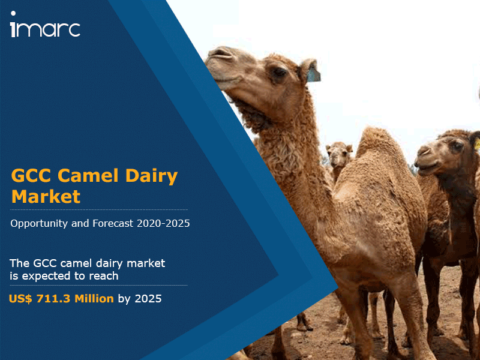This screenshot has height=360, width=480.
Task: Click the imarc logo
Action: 46,25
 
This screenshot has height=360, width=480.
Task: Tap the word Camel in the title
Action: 88,176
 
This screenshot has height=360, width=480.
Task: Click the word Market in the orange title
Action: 46,197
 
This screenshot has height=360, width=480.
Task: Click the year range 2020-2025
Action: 163,223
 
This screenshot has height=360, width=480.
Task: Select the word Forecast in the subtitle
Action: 113,223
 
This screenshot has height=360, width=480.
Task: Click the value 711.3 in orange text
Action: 53,298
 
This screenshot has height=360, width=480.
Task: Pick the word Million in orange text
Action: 94,298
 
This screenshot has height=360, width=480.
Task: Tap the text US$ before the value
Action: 20,298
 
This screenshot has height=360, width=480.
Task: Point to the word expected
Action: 47,277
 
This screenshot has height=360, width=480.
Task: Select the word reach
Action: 103,276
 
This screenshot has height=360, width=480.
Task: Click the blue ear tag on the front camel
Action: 313,73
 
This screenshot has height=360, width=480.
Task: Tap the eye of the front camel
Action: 279,72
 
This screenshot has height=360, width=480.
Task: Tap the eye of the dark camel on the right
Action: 457,145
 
